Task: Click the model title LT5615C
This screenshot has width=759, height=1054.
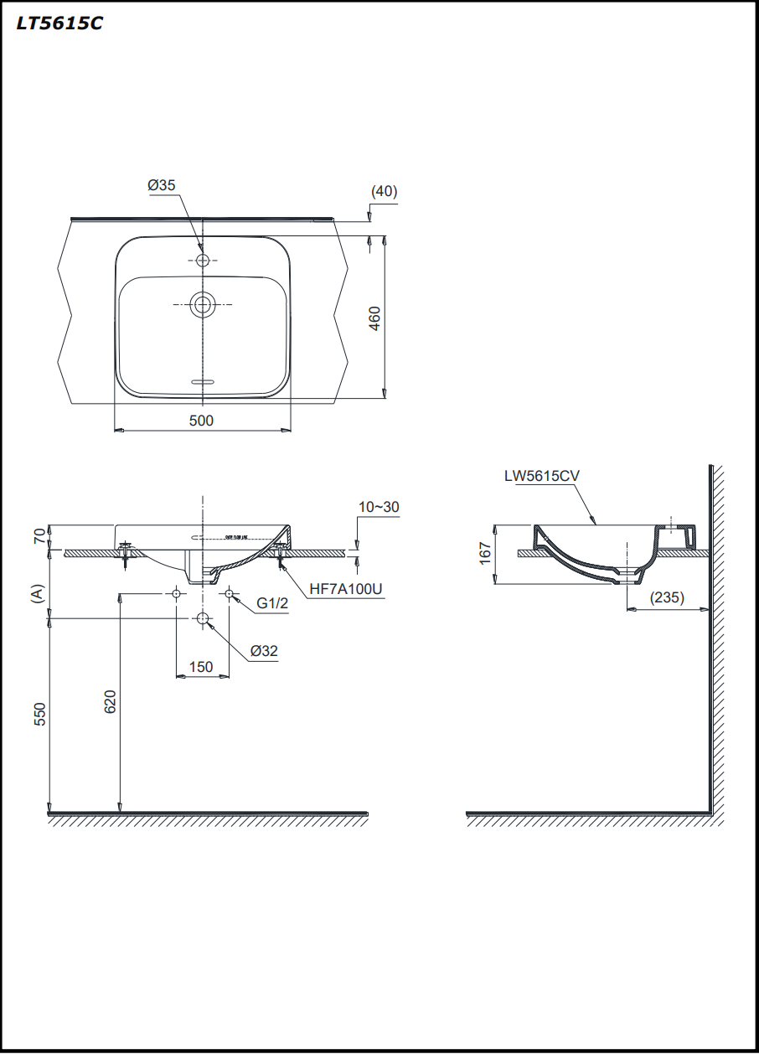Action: tap(59, 23)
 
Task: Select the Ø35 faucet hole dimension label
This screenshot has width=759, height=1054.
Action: tap(162, 185)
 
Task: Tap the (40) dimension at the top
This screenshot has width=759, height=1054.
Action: tap(384, 191)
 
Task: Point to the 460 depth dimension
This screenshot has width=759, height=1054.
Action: tap(374, 318)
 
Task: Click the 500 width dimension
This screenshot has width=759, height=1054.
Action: tap(201, 421)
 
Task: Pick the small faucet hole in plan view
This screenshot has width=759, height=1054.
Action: tap(202, 261)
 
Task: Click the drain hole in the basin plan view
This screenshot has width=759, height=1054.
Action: tap(202, 305)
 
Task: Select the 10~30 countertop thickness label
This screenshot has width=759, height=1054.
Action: tap(379, 507)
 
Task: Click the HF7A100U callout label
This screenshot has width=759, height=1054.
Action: tap(345, 589)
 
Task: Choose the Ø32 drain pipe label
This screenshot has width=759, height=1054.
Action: tap(263, 650)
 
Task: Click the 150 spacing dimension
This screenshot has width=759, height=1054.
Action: tap(201, 667)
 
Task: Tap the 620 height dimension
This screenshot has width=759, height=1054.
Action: tap(110, 702)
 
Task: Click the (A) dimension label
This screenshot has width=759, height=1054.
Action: tap(36, 594)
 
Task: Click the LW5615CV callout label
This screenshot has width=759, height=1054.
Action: tap(541, 476)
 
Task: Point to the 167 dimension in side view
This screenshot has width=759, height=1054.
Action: tap(484, 553)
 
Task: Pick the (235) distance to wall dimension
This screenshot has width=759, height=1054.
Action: tap(668, 597)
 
